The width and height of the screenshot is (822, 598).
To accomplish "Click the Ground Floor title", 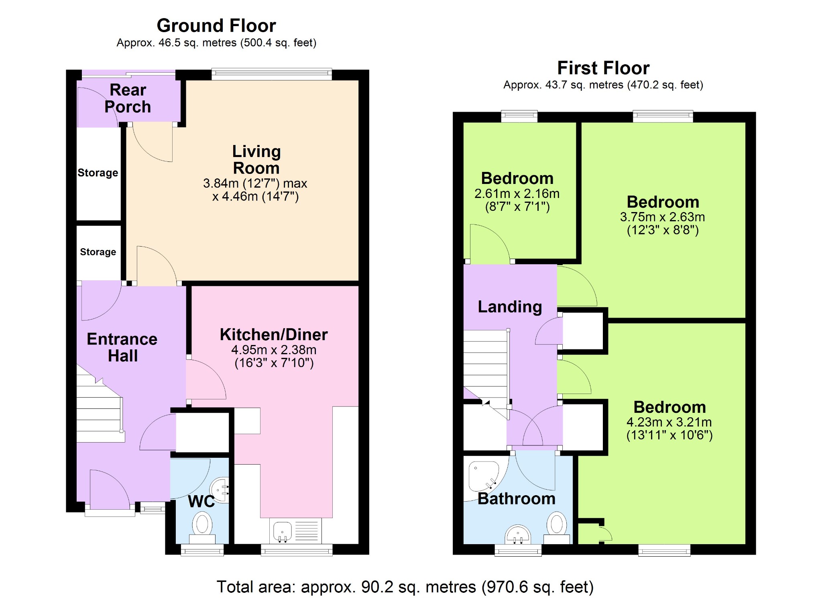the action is [216, 26].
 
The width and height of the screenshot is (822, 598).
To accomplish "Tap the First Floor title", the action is [603, 68].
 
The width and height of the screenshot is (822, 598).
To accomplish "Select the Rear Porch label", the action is [128, 98].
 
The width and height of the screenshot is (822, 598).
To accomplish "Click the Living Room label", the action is [256, 160].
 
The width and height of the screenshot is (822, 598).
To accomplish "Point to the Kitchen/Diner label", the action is [274, 335].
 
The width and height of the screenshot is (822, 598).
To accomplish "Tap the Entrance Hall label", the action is [122, 347].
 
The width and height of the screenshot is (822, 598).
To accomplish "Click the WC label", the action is [201, 502].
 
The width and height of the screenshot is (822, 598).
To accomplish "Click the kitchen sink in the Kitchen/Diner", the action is [282, 531].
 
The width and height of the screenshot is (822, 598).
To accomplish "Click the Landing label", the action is [510, 307].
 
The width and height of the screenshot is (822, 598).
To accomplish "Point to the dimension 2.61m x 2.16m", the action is [517, 194].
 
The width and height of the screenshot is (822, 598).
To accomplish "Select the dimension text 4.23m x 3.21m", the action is [669, 422].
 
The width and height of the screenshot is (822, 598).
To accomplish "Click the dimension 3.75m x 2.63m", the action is [663, 217].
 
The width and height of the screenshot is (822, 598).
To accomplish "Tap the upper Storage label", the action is [98, 173].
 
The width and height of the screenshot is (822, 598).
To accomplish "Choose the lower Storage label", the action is [98, 252].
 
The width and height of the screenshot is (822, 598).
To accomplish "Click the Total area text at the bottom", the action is [405, 587].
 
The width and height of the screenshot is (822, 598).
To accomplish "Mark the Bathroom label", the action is [517, 499].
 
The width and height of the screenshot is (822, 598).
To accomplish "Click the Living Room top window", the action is [272, 74].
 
